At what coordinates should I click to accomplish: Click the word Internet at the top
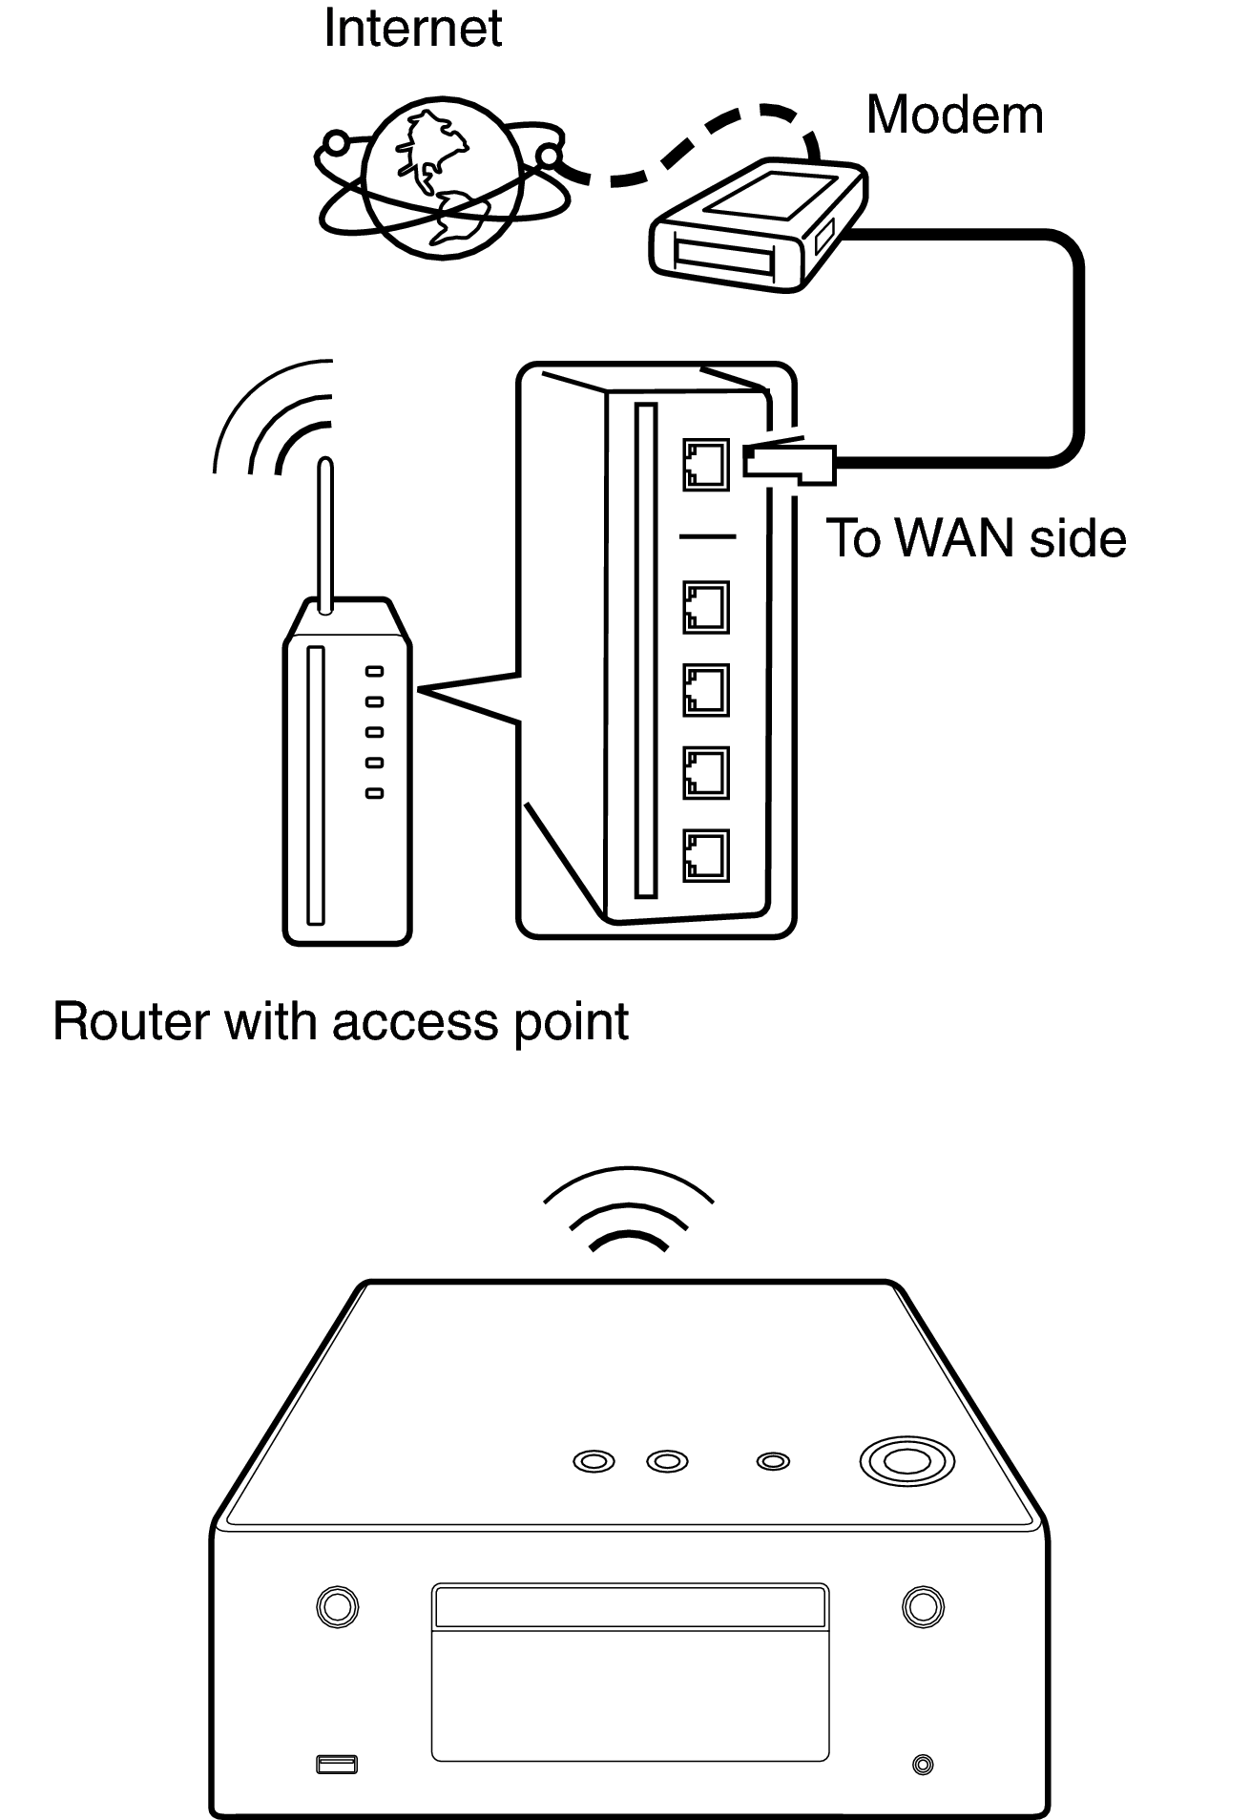pos(412,29)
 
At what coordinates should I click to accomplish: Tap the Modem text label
pos(954,115)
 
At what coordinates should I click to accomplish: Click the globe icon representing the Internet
pos(442,178)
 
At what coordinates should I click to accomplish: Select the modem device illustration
pos(759,226)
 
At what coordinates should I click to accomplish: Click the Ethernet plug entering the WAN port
pos(790,464)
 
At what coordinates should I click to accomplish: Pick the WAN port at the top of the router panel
pos(705,465)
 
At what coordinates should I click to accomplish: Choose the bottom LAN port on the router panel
pos(705,855)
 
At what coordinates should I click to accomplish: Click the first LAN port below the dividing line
pos(705,608)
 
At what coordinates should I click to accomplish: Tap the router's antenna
pos(324,534)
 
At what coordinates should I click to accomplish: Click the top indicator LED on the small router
pos(375,672)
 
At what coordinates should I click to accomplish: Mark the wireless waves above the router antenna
pos(277,420)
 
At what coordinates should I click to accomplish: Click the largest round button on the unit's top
pos(906,1461)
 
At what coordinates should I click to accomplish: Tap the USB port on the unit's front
pos(336,1765)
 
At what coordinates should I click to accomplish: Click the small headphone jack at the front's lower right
pos(922,1765)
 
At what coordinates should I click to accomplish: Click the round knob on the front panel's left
pos(336,1606)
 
